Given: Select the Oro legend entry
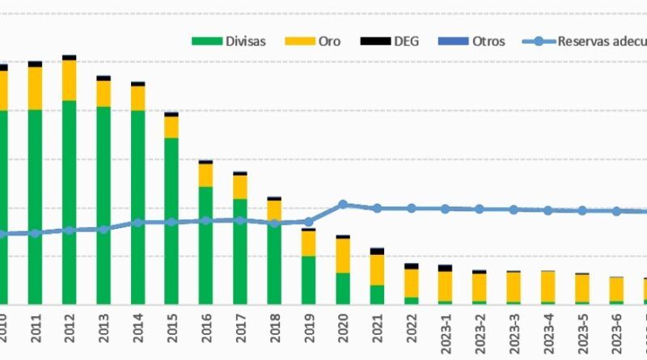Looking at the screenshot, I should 320,41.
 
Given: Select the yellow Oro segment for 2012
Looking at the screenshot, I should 70,80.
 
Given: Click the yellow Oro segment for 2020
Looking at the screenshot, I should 343,255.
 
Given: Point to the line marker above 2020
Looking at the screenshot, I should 343,205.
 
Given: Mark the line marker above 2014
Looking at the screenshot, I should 138,222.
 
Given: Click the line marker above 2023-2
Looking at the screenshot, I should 480,209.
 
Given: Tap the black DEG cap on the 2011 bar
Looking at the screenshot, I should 35,64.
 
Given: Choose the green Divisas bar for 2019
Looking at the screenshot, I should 309,279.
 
